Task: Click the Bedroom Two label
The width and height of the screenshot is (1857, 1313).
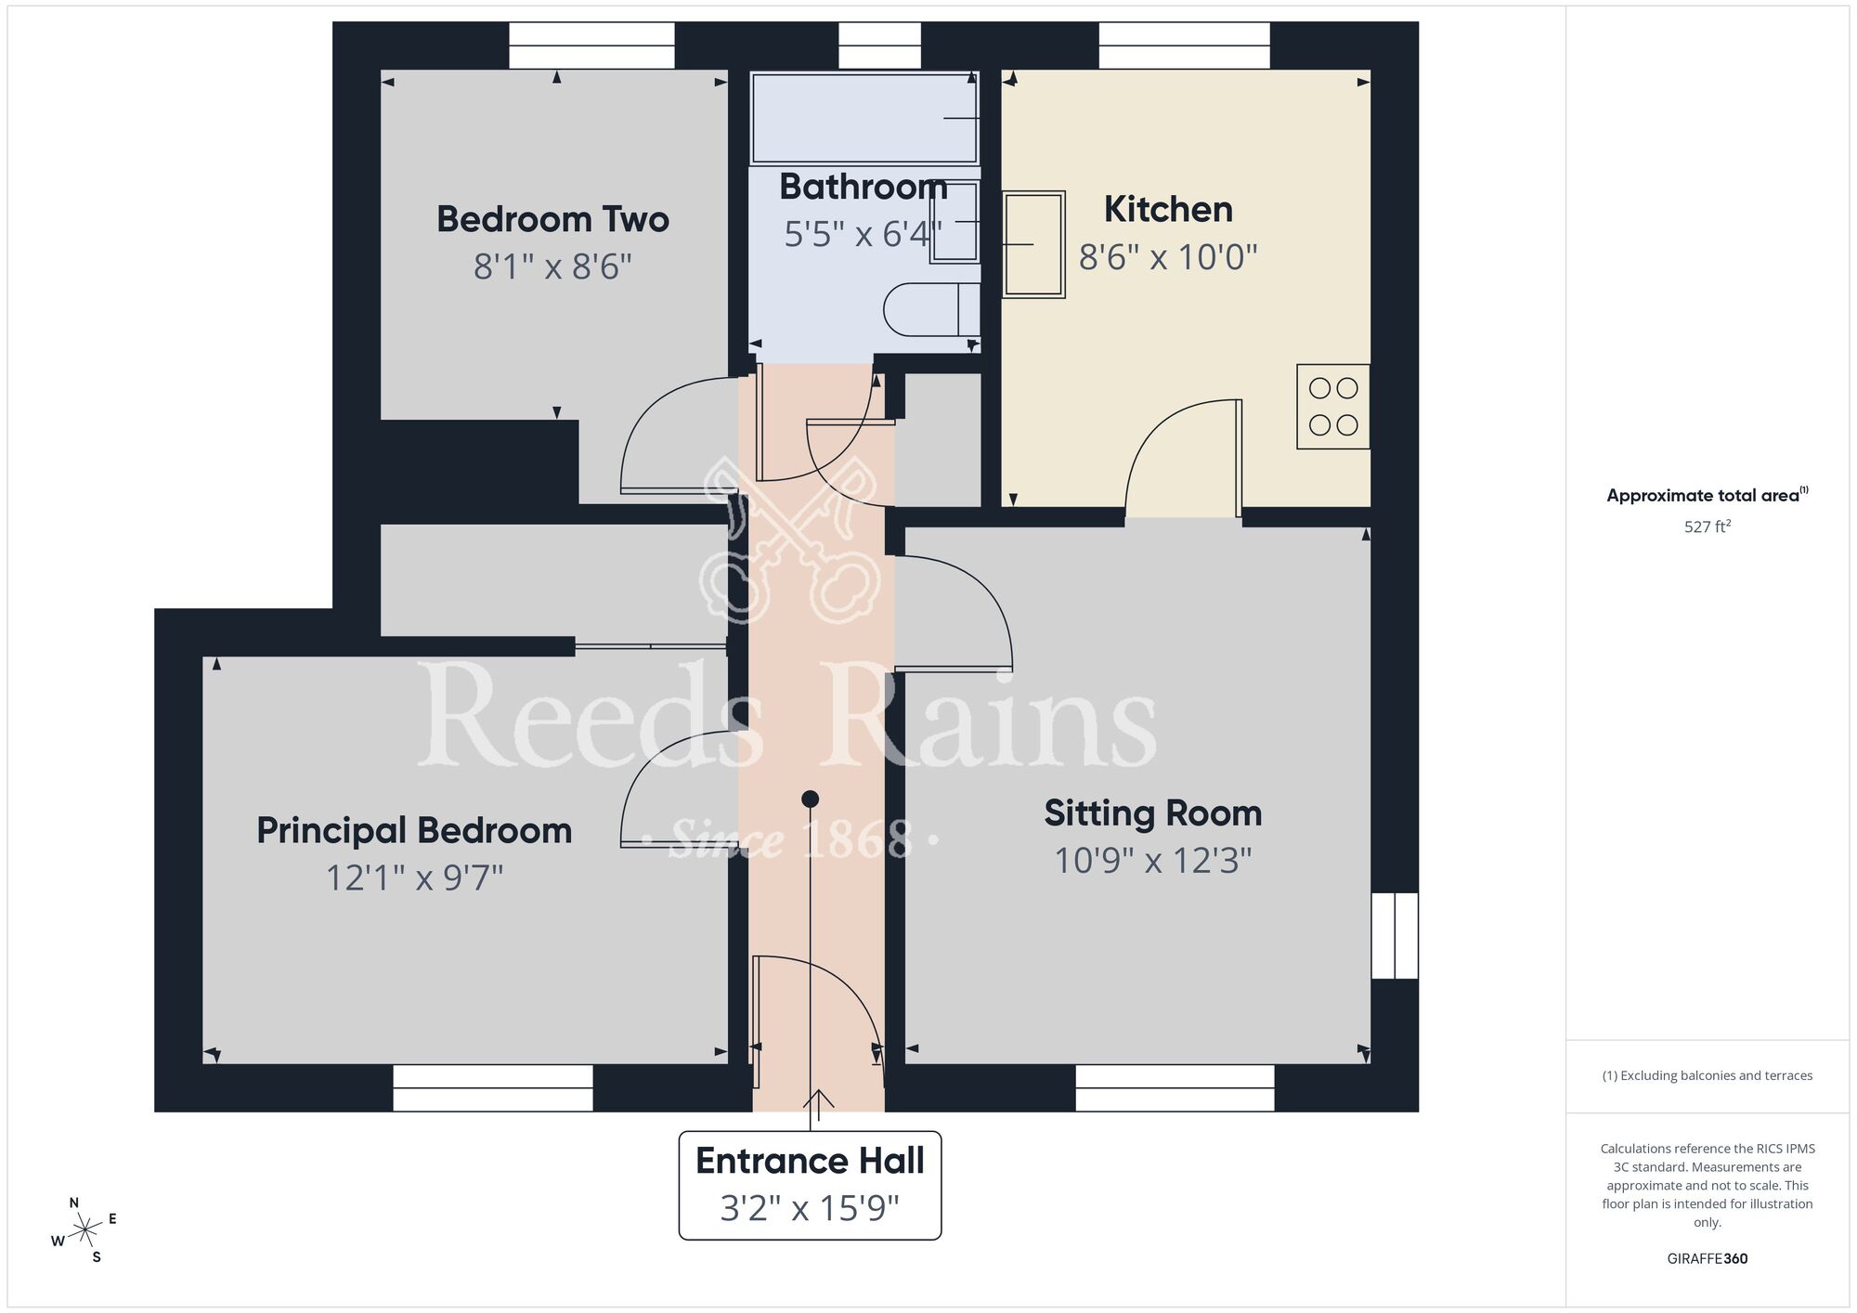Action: pyautogui.click(x=552, y=220)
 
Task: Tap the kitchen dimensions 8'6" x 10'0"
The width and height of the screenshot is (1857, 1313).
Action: pyautogui.click(x=1167, y=257)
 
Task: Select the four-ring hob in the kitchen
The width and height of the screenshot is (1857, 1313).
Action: pyautogui.click(x=1332, y=407)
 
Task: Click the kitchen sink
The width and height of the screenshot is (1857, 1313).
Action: pyautogui.click(x=1032, y=244)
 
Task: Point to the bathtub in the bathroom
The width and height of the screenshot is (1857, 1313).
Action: pyautogui.click(x=864, y=118)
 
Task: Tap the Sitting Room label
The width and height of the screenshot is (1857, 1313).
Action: pyautogui.click(x=1152, y=813)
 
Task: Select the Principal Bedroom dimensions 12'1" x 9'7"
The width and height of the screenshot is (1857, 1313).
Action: pyautogui.click(x=414, y=877)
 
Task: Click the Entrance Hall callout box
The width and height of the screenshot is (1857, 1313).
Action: pyautogui.click(x=810, y=1185)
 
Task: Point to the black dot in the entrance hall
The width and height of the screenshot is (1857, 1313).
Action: pyautogui.click(x=810, y=799)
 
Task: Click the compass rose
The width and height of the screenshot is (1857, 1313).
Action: pyautogui.click(x=84, y=1231)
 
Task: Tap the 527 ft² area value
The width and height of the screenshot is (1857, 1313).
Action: pyautogui.click(x=1707, y=526)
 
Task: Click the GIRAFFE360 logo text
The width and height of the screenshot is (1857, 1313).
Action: pyautogui.click(x=1707, y=1259)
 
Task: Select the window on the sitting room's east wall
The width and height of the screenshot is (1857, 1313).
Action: pyautogui.click(x=1395, y=935)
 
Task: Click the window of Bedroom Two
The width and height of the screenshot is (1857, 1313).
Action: pyautogui.click(x=591, y=45)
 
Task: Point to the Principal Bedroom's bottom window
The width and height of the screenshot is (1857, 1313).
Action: pyautogui.click(x=493, y=1087)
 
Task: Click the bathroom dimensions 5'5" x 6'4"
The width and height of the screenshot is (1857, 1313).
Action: pyautogui.click(x=863, y=235)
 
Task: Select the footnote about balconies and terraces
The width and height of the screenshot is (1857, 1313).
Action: pyautogui.click(x=1707, y=1075)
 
